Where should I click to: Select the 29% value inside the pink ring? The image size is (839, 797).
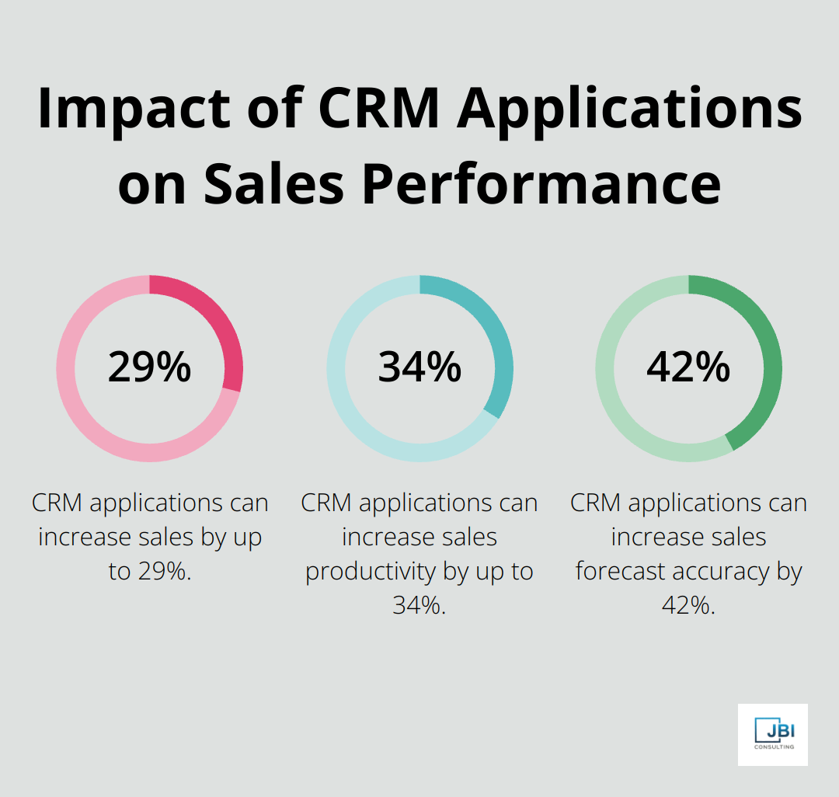click(x=149, y=367)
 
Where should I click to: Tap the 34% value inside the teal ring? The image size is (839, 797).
click(x=419, y=367)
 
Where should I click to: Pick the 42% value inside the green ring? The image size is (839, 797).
click(x=688, y=367)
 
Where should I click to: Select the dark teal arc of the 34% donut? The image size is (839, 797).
click(x=499, y=342)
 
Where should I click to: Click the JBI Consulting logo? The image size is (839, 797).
click(x=772, y=734)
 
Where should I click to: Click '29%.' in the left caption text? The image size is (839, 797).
click(x=163, y=572)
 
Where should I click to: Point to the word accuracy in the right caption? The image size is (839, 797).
click(x=726, y=572)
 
